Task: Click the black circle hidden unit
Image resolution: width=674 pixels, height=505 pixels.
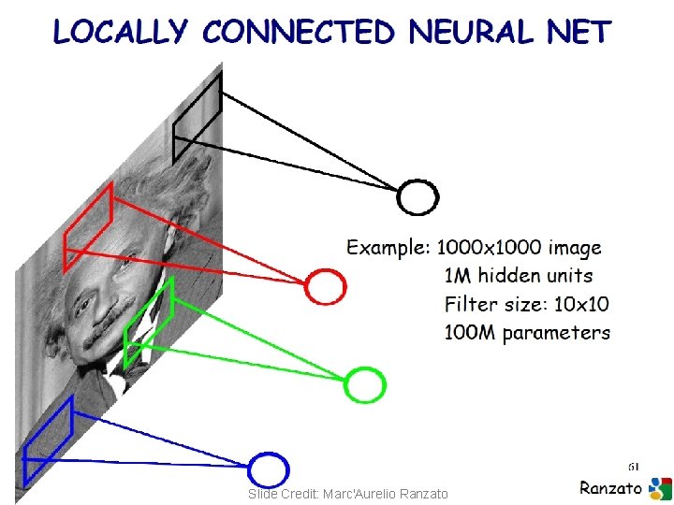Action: coord(418,196)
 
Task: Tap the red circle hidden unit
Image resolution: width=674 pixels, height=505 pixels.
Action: coord(326,285)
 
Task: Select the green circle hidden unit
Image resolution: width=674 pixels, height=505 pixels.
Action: coord(365,384)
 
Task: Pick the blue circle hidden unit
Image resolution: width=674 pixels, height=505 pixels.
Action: coord(270,469)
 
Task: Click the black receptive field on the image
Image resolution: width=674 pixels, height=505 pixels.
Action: coord(197,117)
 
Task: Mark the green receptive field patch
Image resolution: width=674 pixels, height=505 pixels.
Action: coord(149,323)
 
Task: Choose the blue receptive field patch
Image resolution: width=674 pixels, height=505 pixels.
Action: coord(48,440)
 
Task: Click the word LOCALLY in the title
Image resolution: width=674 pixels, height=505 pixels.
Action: coord(121,33)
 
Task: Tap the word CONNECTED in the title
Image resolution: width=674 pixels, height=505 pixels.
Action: coord(299,33)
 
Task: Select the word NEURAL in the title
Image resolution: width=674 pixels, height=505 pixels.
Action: coord(471,33)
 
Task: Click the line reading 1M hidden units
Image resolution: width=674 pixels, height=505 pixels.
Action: coord(518,276)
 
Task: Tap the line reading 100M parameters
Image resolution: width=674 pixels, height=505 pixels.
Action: coord(527,332)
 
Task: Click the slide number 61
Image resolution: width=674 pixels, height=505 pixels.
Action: coord(634,465)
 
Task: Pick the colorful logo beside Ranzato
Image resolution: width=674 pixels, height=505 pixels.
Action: coord(660,488)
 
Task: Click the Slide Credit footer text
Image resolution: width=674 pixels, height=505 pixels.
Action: coord(348,494)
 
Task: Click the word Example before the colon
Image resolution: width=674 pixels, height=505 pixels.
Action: coord(387,249)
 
